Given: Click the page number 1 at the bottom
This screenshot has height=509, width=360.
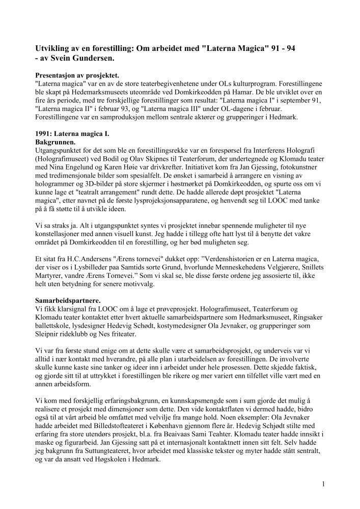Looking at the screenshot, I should click(323, 484).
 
